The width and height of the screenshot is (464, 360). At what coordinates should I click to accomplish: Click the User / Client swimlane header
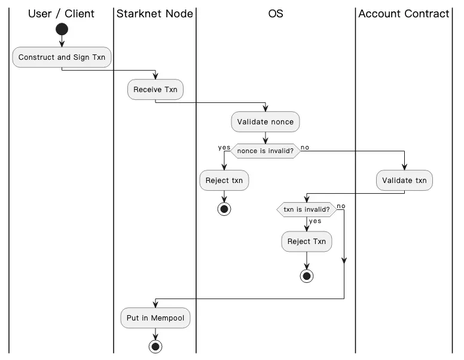click(61, 13)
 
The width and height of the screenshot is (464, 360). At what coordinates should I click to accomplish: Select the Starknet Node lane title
click(155, 13)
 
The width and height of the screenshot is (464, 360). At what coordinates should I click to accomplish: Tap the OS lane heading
click(276, 13)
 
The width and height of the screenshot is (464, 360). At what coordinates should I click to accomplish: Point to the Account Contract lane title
click(404, 13)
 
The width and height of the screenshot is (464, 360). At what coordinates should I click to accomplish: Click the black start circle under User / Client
click(61, 29)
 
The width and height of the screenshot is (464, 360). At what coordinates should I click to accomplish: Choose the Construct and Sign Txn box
click(62, 57)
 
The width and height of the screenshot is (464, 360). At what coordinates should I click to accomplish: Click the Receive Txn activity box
click(155, 90)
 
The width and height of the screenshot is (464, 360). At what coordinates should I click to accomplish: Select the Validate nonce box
click(265, 122)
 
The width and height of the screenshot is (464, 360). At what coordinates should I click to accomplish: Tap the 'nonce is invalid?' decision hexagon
click(265, 151)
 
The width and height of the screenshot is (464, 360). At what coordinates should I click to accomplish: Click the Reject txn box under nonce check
click(224, 180)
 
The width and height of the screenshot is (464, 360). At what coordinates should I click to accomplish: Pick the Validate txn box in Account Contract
click(404, 180)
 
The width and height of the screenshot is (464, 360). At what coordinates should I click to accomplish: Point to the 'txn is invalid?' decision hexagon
click(306, 209)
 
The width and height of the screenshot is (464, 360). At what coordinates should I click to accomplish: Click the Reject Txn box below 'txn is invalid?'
click(307, 242)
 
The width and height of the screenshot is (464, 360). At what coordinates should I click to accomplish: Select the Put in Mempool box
click(155, 318)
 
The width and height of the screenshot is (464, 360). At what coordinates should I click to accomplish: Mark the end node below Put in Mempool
click(155, 346)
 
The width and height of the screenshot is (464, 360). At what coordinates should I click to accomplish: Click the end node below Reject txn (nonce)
click(224, 209)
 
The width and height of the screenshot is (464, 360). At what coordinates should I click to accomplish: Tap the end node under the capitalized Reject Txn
click(307, 275)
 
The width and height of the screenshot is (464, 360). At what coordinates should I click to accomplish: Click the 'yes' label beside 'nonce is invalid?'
click(224, 148)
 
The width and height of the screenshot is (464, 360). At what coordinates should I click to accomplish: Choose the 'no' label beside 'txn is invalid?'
click(341, 206)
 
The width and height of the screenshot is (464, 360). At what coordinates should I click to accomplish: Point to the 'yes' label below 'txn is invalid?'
click(315, 221)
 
